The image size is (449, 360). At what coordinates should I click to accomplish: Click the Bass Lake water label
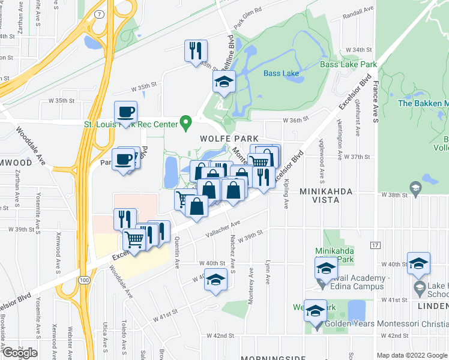coord(281,74)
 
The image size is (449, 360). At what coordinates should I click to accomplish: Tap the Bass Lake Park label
coord(348,64)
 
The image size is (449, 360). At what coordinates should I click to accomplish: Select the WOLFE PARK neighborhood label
coord(220,138)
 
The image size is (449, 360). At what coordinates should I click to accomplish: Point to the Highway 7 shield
coord(98,14)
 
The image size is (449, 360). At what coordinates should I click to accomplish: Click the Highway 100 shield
coord(85,280)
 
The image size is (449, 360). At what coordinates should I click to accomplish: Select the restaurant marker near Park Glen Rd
coord(196,50)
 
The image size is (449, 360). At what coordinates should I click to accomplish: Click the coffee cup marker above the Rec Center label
coord(126,112)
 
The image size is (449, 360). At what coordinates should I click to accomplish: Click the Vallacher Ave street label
coord(223,229)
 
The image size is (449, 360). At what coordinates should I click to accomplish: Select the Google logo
coord(20,353)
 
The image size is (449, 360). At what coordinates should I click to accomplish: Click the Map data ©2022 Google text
coord(412,355)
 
